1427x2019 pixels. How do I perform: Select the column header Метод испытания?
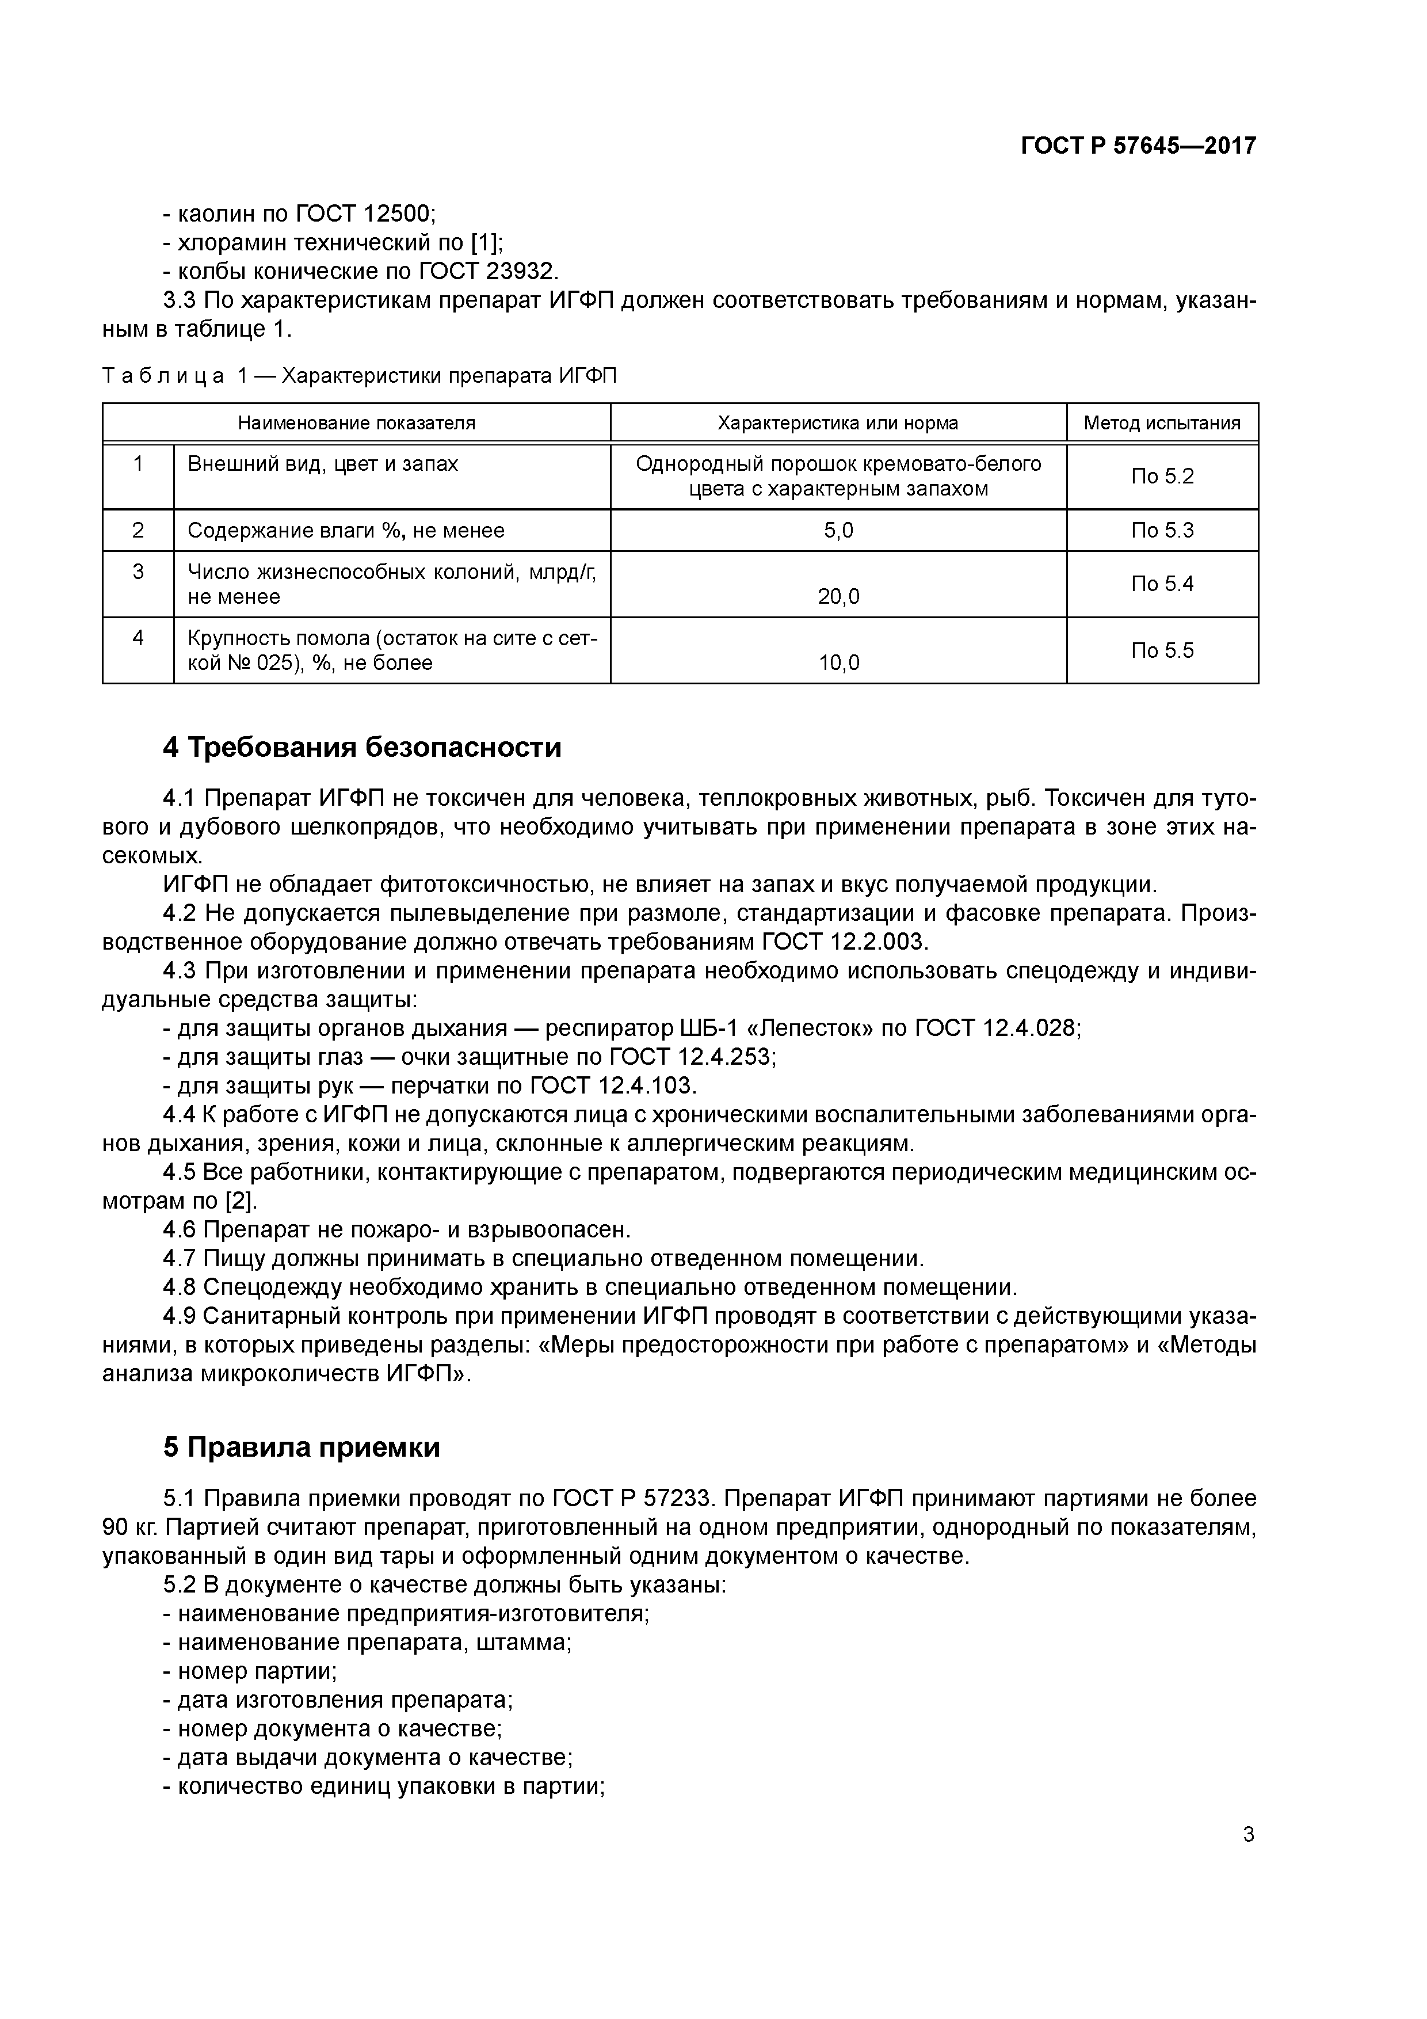1162,423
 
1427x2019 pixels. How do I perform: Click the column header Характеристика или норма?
838,423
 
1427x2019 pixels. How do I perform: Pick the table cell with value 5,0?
838,530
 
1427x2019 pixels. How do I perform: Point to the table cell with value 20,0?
838,596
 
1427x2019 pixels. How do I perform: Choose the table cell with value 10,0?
838,662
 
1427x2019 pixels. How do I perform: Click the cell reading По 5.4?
1162,584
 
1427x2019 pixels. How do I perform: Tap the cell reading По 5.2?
1162,477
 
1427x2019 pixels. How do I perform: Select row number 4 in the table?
138,638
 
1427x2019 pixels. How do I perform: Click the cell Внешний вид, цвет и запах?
323,463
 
